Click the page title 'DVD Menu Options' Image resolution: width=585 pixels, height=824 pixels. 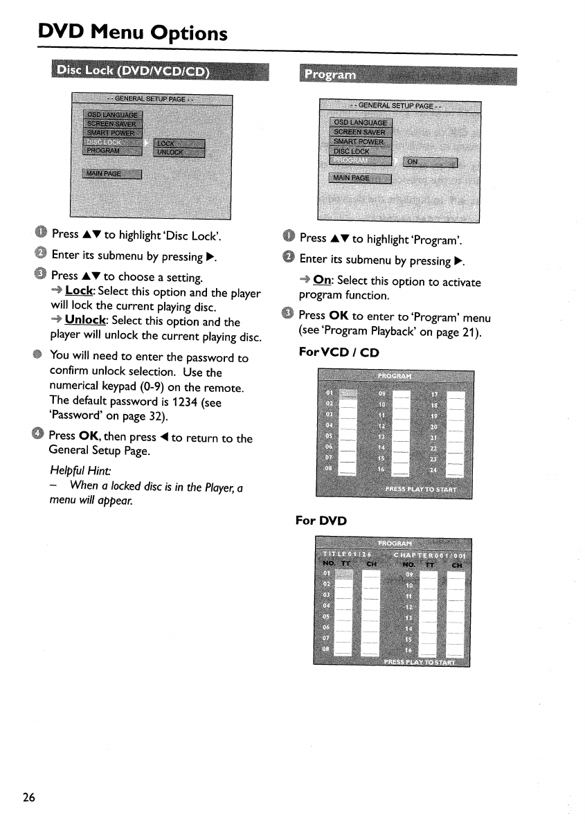[x=133, y=33]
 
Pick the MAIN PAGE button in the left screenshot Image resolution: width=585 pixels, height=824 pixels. [x=111, y=173]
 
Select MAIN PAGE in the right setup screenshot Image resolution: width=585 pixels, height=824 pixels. [x=361, y=178]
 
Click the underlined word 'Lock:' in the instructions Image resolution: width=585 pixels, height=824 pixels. [x=80, y=292]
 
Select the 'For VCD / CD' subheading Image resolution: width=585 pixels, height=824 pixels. [x=340, y=352]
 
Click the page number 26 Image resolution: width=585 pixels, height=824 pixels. [x=28, y=796]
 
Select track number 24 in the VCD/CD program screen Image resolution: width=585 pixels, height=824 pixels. [x=434, y=471]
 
